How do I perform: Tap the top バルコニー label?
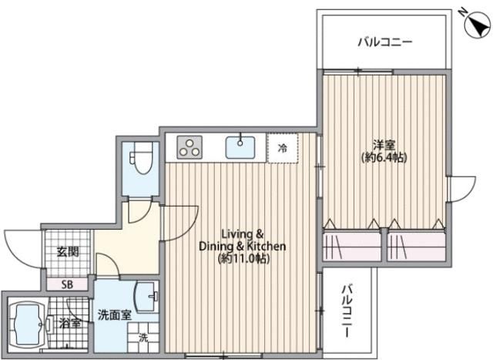[384, 42]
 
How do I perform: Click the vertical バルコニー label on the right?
[347, 313]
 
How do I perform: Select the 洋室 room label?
[384, 145]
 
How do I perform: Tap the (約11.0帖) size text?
[243, 259]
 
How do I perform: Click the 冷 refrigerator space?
[283, 148]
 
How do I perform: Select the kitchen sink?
[242, 146]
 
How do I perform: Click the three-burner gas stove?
[189, 146]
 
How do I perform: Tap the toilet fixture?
[143, 162]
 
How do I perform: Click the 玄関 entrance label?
[66, 251]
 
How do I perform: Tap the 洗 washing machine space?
[143, 336]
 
